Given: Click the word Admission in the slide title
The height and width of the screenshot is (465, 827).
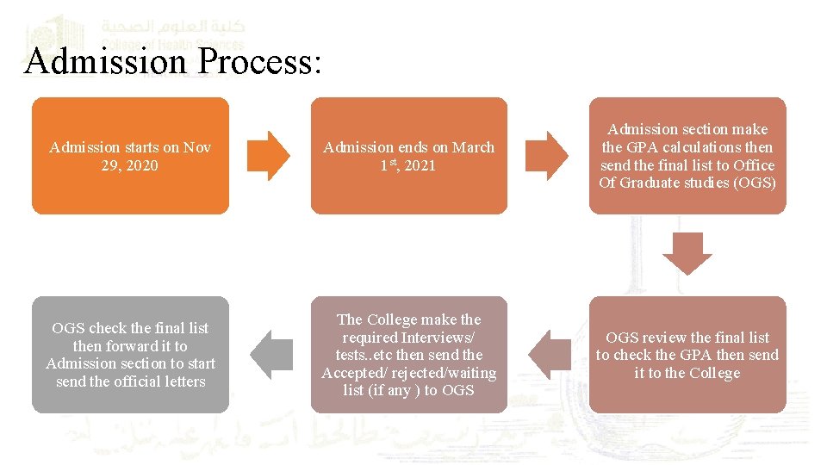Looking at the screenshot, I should click(106, 62).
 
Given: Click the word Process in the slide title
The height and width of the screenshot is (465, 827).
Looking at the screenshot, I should click(258, 62).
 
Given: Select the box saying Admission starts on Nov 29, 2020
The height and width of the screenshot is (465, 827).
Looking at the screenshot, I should click(130, 156).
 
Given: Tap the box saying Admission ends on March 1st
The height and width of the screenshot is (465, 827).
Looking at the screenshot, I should click(408, 156).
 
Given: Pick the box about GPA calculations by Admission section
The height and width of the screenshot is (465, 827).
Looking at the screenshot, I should click(687, 156).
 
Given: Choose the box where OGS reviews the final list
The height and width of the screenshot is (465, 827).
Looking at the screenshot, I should click(687, 355).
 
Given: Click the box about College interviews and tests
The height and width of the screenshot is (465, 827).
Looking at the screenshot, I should click(408, 355).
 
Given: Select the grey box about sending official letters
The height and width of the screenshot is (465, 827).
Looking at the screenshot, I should click(130, 355).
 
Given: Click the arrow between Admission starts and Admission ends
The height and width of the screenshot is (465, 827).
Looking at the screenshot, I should click(270, 156).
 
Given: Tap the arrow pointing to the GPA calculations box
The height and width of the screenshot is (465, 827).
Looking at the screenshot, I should click(548, 156).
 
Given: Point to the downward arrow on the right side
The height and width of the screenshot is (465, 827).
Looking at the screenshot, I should click(687, 255).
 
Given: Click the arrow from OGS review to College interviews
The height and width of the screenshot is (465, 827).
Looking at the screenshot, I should click(548, 355).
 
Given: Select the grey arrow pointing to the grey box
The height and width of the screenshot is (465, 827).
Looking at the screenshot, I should click(270, 355).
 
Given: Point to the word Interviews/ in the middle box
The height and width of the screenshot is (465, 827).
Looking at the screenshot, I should click(439, 338).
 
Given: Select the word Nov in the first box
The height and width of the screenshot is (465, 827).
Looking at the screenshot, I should click(197, 147).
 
